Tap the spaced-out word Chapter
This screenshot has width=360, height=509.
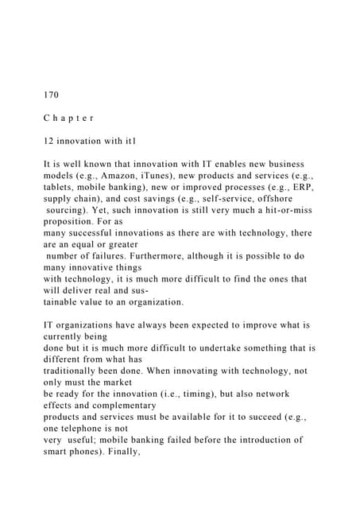click(69, 117)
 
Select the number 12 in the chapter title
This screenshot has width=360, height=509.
click(49, 139)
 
